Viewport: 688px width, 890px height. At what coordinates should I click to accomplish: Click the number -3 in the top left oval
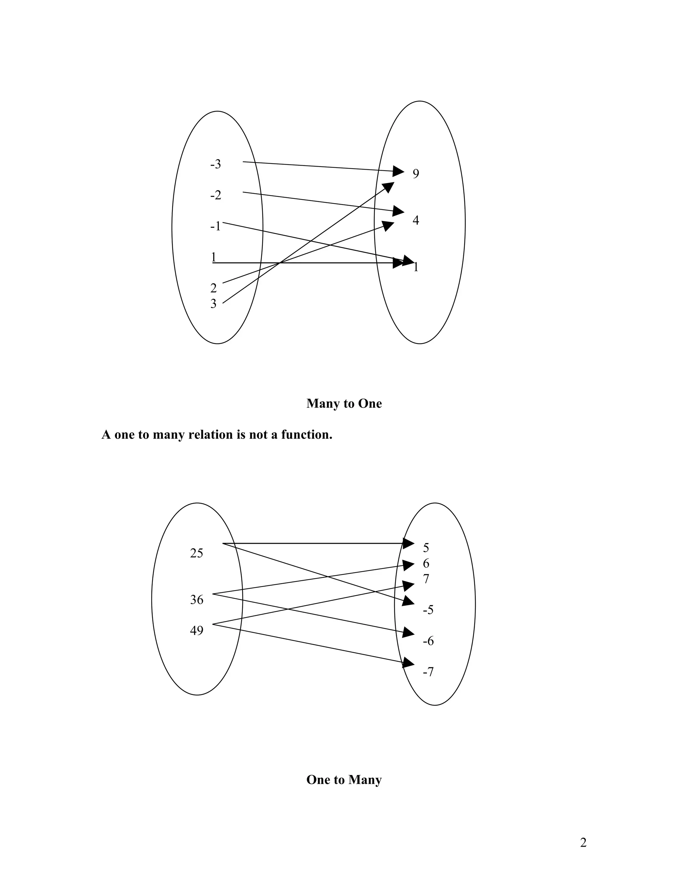point(215,164)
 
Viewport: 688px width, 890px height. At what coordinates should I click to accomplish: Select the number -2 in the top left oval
point(215,195)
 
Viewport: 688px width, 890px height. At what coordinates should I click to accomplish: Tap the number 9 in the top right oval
point(416,174)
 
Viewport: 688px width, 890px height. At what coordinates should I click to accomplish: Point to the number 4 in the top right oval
point(416,220)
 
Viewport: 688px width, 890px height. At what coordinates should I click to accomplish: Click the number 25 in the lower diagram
point(197,553)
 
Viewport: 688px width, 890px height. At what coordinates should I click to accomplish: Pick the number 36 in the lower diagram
point(197,599)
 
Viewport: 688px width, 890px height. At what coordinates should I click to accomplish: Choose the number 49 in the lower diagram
point(197,630)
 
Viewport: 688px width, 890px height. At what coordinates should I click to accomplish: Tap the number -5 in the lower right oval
point(428,610)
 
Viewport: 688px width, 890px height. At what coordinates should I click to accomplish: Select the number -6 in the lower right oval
point(428,641)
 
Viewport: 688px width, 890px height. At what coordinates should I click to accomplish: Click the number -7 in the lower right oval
point(428,672)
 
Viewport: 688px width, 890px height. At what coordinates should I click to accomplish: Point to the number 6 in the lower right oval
point(426,564)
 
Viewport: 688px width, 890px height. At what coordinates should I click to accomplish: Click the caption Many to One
point(344,403)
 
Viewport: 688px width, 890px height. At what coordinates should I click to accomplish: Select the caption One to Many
point(344,780)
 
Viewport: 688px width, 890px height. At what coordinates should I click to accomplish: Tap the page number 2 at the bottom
point(583,842)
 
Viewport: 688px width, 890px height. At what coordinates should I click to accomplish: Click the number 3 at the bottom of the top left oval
point(213,304)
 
